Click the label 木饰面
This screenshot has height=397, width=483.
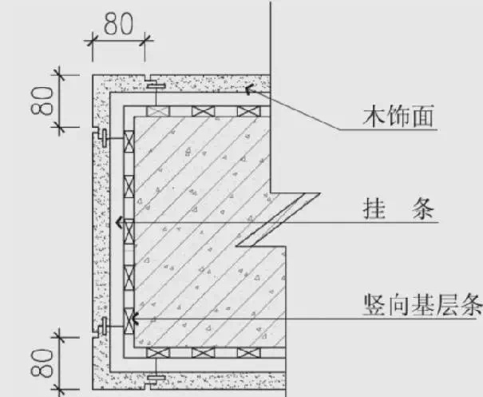click(398, 118)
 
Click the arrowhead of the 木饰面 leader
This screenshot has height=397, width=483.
click(248, 89)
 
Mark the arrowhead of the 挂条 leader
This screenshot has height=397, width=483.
click(119, 223)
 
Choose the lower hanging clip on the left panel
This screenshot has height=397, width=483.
click(101, 324)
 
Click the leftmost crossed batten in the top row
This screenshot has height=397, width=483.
click(156, 111)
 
